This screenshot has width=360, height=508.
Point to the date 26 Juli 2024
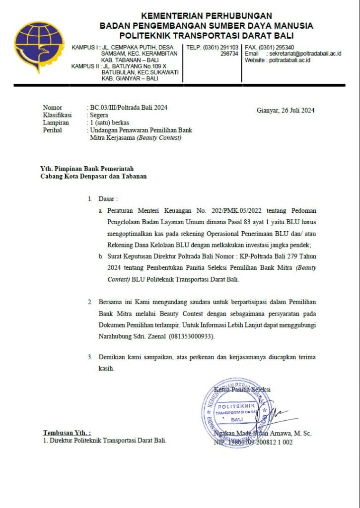[x=294, y=111]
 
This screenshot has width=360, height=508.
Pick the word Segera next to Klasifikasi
[x=99, y=115]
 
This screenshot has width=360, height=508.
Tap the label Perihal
[x=52, y=130]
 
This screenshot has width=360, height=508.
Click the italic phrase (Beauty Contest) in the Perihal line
[x=159, y=138]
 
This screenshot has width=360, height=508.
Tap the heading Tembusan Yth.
[x=67, y=433]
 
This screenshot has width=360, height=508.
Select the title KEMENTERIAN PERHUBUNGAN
[x=206, y=16]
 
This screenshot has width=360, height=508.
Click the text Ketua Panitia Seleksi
[x=242, y=389]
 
